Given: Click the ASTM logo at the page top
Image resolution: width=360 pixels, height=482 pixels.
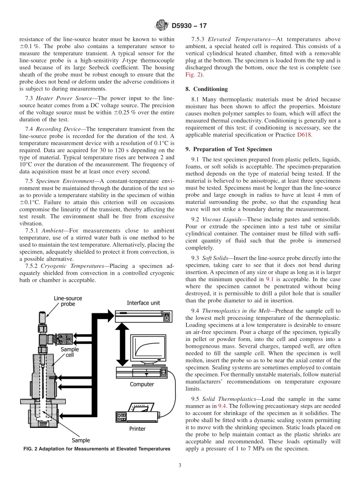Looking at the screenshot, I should pyautogui.click(x=162, y=26).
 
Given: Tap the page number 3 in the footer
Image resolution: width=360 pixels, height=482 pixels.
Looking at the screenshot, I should pyautogui.click(x=180, y=466).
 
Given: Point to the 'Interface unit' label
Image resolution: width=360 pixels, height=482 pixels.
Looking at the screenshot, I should pyautogui.click(x=143, y=303).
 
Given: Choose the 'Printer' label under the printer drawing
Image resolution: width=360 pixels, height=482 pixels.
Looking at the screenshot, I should pyautogui.click(x=137, y=429).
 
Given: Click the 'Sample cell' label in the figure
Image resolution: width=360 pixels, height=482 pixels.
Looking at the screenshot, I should pyautogui.click(x=70, y=352).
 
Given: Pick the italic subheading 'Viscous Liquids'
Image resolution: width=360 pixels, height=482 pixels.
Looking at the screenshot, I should pyautogui.click(x=220, y=220).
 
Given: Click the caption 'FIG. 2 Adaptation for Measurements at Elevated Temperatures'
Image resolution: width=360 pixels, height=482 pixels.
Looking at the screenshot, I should pyautogui.click(x=97, y=449).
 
